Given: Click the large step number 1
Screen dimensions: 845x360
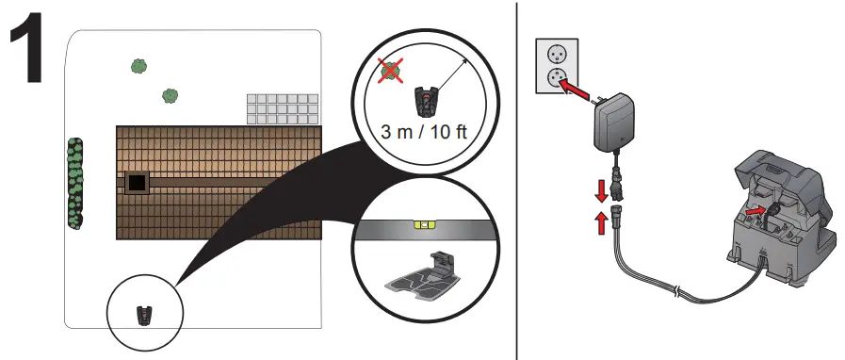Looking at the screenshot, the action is (x=26, y=50).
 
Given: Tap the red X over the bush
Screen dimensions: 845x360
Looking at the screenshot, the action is (x=391, y=71).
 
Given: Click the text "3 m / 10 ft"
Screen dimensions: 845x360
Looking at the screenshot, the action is (x=424, y=132).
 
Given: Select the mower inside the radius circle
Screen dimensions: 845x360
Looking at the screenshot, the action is (x=425, y=101).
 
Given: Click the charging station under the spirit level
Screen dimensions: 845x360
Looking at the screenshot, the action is (x=426, y=277).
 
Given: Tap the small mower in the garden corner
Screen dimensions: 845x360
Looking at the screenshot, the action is (x=144, y=316).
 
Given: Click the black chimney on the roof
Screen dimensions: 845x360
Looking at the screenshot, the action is (x=137, y=183).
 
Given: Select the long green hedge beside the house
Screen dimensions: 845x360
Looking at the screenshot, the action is (x=75, y=183).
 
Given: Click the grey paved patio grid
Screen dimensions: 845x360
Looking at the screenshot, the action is (x=283, y=109).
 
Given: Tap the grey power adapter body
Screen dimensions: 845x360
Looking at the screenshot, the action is (x=614, y=122).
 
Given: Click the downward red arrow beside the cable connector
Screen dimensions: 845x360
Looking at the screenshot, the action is (x=601, y=191).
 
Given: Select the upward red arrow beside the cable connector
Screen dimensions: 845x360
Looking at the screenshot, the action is (x=601, y=222).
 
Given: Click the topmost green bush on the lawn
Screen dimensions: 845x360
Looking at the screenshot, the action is (x=139, y=66).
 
